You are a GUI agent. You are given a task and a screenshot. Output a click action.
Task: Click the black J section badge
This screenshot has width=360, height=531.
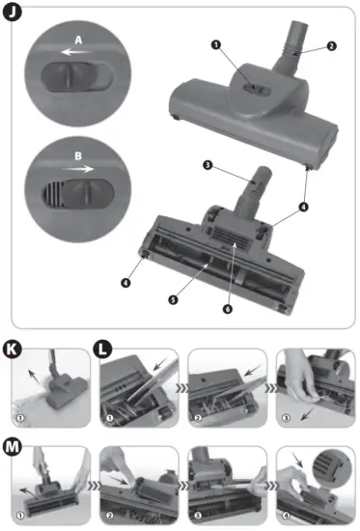pyautogui.click(x=13, y=13)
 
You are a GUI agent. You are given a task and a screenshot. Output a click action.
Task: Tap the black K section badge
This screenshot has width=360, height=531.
pyautogui.click(x=13, y=349)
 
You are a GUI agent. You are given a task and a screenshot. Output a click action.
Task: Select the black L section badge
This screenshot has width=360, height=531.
pyautogui.click(x=102, y=349)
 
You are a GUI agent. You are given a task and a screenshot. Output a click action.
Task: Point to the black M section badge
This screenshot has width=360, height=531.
pyautogui.click(x=13, y=447)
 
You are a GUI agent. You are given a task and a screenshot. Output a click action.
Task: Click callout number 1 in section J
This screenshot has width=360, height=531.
pyautogui.click(x=216, y=44)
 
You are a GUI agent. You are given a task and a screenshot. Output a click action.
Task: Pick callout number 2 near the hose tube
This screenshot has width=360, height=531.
pyautogui.click(x=332, y=45)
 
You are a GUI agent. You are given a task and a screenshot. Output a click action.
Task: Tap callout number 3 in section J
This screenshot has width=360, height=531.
pyautogui.click(x=208, y=165)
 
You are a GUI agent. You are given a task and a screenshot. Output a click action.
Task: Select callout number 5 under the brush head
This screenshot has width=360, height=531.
pyautogui.click(x=173, y=299)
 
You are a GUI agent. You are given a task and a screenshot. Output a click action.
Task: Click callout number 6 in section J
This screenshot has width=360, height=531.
pyautogui.click(x=228, y=309)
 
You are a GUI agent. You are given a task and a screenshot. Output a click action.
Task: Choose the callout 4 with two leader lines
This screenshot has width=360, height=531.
pyautogui.click(x=304, y=207)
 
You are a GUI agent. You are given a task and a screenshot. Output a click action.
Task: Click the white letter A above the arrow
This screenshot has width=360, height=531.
pyautogui.click(x=78, y=40)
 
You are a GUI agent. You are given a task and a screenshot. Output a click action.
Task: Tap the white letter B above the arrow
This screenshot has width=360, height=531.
pyautogui.click(x=78, y=156)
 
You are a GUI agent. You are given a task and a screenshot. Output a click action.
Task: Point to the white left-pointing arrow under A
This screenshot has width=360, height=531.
pyautogui.click(x=76, y=52)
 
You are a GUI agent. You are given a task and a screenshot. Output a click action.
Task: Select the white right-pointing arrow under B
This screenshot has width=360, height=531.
pyautogui.click(x=77, y=168)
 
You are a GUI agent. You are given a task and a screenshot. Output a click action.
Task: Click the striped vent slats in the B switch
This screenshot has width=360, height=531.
pyautogui.click(x=52, y=193)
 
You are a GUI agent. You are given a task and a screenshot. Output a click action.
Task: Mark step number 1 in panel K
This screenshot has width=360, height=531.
pyautogui.click(x=20, y=418)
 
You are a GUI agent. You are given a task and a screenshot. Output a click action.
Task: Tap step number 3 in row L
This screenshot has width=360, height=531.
pyautogui.click(x=287, y=418)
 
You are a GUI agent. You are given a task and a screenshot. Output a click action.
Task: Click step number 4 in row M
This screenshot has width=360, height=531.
pyautogui.click(x=287, y=516)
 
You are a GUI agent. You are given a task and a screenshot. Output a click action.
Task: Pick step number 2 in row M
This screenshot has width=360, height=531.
pyautogui.click(x=109, y=516)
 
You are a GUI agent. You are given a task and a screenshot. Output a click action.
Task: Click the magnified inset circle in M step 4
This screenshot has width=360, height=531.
pyautogui.click(x=333, y=468)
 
